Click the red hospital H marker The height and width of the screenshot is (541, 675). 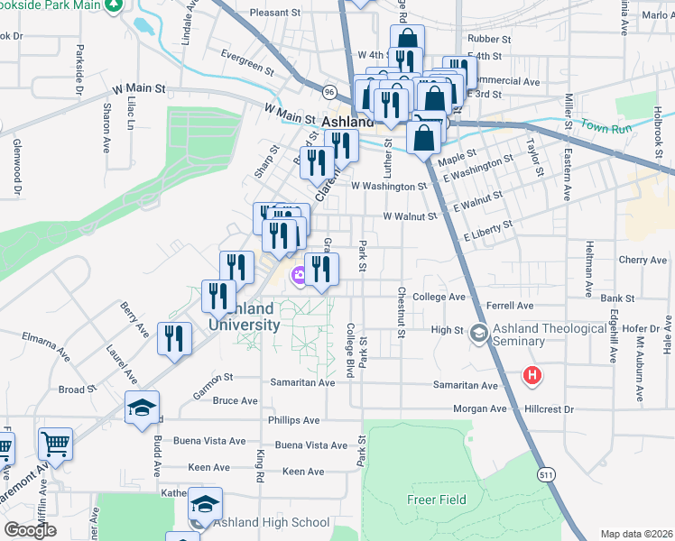point(532,375)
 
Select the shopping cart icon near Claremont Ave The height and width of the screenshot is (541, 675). point(55,445)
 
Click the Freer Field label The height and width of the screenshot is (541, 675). point(436,500)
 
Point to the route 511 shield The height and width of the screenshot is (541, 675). point(546,472)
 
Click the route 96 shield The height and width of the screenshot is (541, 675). point(330,92)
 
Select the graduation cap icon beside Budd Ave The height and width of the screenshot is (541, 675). point(142,408)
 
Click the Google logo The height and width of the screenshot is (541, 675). point(30,530)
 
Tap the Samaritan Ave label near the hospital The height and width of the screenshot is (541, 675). point(465,385)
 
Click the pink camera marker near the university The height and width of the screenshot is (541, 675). point(297,275)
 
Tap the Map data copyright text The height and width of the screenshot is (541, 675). point(635,534)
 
